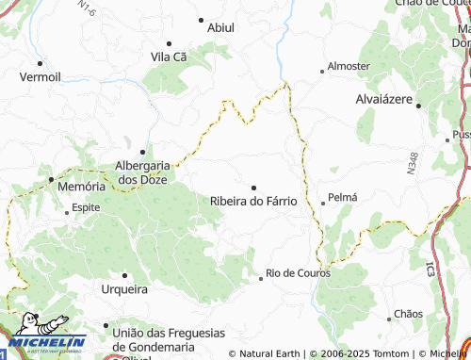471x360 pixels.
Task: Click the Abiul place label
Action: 222,28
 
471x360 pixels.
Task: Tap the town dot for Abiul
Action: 201,19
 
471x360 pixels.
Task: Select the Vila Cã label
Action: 170,57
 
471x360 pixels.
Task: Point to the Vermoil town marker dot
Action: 40,64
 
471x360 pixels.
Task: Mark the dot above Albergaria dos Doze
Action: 142,151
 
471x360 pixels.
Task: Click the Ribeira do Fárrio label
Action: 253,201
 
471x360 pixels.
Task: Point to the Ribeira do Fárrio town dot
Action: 252,188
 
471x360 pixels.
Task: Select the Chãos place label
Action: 409,313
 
